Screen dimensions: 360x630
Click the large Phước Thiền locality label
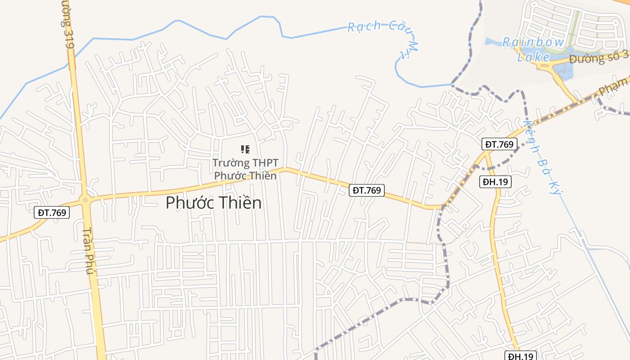coord(213,203)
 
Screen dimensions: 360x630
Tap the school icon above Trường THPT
coord(245,149)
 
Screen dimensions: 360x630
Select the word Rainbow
coord(533,42)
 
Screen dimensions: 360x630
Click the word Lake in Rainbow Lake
coord(533,57)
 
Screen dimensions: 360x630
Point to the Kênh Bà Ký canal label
coord(544,157)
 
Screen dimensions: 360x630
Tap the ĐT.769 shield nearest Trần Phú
coord(52,212)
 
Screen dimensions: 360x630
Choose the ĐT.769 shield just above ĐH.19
coord(499,144)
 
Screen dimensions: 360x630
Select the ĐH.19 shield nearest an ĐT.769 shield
coord(496,182)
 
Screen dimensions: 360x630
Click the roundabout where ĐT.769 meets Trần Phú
coord(85,199)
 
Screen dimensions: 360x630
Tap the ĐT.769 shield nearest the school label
coord(367,190)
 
